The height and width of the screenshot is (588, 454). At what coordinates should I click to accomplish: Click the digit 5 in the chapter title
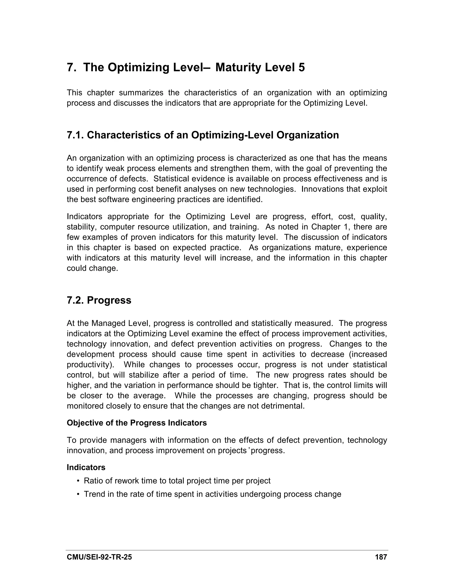point(301,67)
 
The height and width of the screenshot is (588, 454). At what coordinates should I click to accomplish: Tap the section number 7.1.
point(75,135)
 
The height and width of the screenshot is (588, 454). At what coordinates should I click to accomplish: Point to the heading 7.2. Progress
point(99,300)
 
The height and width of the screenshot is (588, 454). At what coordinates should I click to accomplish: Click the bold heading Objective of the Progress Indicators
point(137,423)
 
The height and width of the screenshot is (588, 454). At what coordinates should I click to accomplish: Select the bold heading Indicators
point(86,467)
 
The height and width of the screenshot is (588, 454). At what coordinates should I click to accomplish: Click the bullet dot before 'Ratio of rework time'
point(78,481)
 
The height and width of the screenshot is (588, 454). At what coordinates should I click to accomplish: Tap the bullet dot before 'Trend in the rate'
point(78,494)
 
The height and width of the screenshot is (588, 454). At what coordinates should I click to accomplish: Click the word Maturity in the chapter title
point(238,67)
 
